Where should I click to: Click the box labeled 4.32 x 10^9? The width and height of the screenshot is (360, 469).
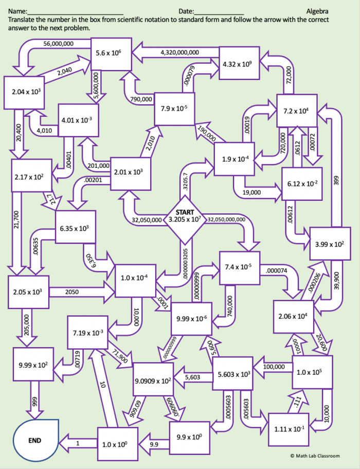(x=239, y=63)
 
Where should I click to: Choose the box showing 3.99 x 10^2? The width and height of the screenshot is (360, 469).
(x=329, y=244)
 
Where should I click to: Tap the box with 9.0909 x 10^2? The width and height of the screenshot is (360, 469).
(x=154, y=379)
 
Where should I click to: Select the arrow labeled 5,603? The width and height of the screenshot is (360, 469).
(x=193, y=377)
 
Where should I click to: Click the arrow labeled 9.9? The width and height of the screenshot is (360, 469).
(x=154, y=443)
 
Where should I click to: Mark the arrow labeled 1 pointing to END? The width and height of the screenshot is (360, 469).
(x=77, y=442)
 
